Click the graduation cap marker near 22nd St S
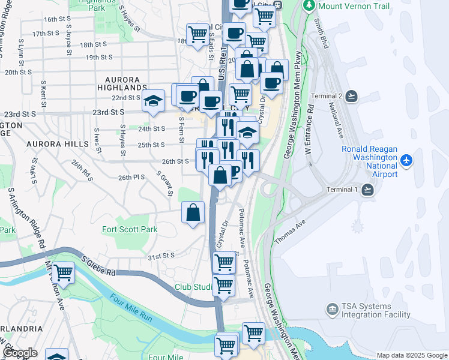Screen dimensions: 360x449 coord(154,100)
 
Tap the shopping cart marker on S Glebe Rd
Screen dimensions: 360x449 coord(63,273)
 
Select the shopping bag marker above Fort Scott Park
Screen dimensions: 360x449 coord(193,212)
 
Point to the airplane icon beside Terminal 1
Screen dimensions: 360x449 coord(367,190)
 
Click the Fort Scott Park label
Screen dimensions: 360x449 coord(130,229)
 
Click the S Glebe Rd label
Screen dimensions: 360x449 coord(98,266)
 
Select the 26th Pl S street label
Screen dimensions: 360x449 coord(131,178)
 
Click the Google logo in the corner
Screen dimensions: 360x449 coord(19,353)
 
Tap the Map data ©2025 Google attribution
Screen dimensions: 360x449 coord(412,355)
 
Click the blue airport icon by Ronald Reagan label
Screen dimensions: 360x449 coord(408,160)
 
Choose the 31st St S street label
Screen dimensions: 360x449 coord(161,256)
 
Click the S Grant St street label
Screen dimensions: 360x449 coord(164,184)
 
